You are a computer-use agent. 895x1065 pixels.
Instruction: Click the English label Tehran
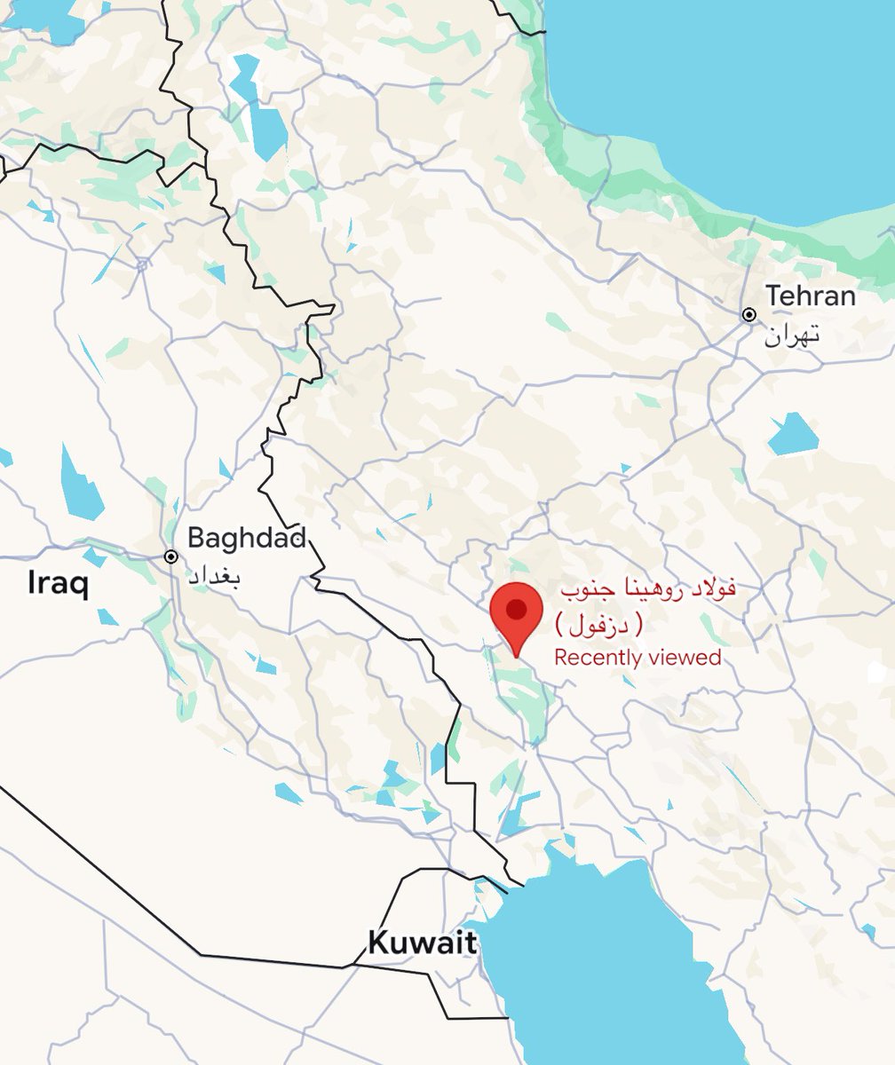[811, 296]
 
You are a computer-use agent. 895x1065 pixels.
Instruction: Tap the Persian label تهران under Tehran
[791, 335]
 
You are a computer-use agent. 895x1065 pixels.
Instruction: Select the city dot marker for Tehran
[749, 315]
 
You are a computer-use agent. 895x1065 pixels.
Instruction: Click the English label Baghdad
[247, 538]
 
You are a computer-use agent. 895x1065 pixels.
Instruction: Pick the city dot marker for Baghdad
[171, 556]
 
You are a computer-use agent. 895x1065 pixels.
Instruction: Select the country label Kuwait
[422, 943]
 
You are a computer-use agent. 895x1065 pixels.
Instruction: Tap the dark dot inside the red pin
[516, 609]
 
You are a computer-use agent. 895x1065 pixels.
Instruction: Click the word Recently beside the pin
[598, 658]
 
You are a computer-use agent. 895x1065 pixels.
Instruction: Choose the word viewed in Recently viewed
[684, 658]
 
